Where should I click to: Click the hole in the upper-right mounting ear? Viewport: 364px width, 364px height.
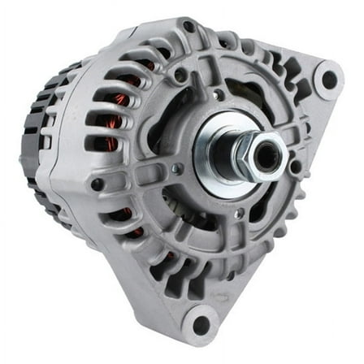[329, 80]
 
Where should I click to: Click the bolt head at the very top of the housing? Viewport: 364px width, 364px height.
[188, 27]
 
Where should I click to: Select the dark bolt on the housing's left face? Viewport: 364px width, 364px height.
[97, 184]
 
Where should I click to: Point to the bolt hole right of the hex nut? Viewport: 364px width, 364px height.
[297, 167]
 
